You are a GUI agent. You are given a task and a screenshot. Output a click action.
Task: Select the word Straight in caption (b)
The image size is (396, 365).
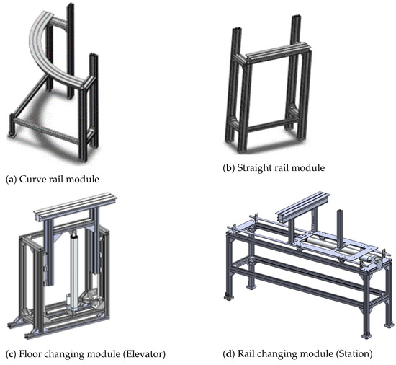coord(258,167)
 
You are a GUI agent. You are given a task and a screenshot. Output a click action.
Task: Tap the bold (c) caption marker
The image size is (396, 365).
coord(12,354)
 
